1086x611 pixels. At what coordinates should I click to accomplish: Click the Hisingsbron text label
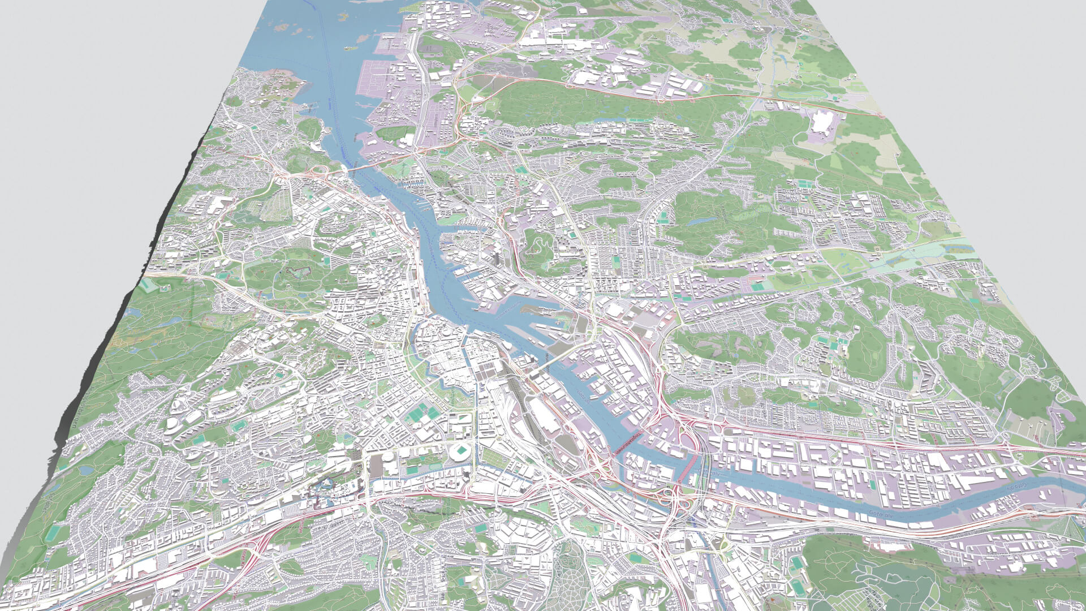point(548,362)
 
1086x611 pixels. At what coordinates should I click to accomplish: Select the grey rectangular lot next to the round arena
point(376,467)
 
